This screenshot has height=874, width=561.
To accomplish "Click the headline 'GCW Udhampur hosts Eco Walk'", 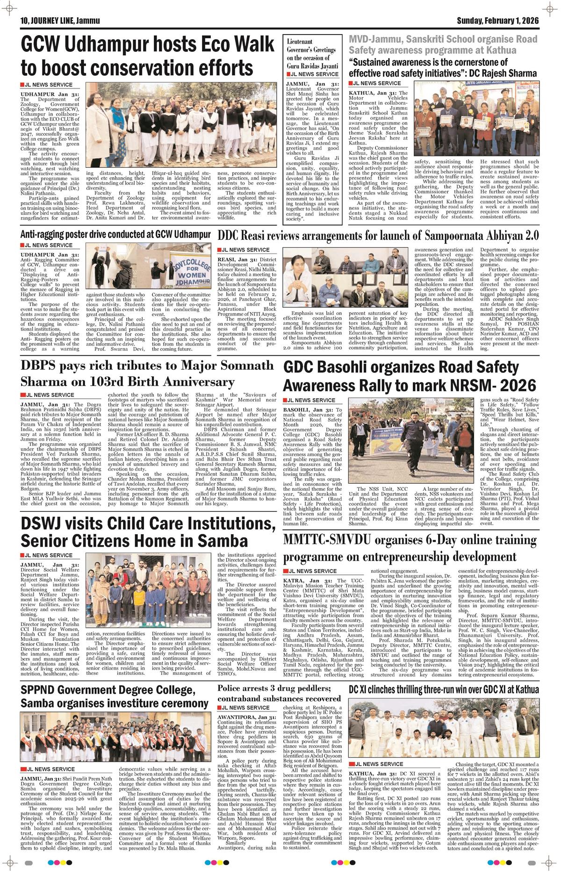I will [147, 45].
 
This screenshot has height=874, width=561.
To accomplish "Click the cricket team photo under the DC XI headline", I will [444, 726].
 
